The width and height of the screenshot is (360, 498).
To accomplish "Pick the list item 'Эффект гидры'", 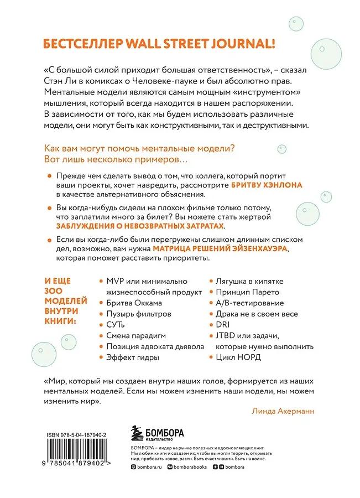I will [133, 357].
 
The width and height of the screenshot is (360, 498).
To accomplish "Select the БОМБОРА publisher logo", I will [156, 433].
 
